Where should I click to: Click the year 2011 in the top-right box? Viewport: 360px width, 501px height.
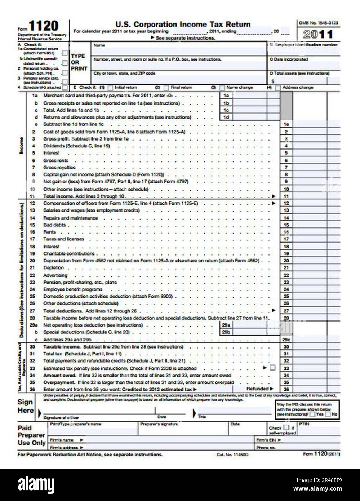318,35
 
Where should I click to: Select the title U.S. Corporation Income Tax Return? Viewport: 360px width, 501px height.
183,25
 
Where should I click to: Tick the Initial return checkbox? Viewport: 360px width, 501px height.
110,88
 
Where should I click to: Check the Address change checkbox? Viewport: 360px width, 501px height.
278,88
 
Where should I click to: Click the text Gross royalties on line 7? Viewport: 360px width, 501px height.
59,168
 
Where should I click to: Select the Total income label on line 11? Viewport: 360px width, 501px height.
59,196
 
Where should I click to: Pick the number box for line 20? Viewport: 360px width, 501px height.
286,261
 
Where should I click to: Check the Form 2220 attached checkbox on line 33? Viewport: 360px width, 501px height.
272,368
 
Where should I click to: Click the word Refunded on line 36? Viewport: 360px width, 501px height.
257,389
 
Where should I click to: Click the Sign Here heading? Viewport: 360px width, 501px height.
25,406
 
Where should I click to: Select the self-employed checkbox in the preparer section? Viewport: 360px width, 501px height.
286,428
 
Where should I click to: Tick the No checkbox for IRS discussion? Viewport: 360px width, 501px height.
328,414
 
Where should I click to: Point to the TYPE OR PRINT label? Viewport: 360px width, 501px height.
79,62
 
